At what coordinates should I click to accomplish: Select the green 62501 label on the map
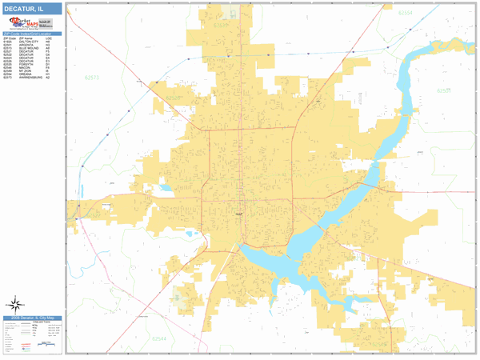445,90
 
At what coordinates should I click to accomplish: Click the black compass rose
14,303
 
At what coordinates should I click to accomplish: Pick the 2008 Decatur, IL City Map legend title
32,318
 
